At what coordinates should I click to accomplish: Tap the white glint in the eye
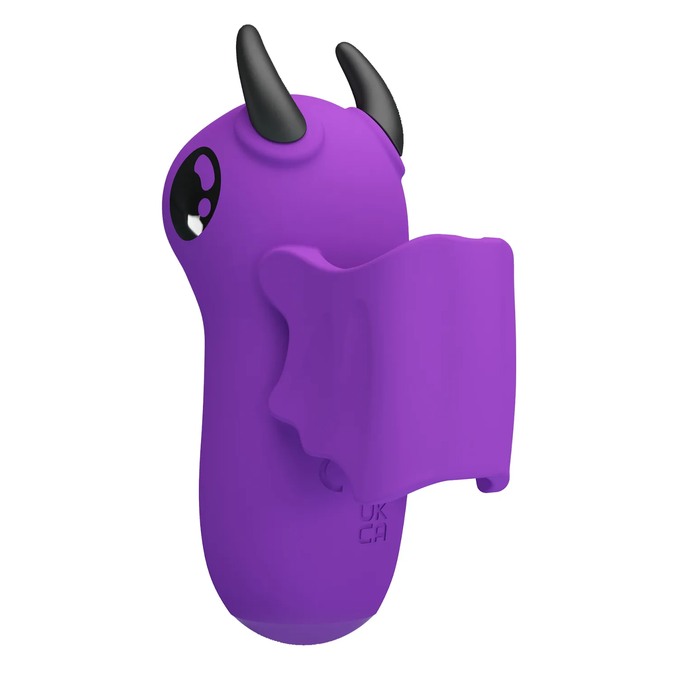(x=195, y=223)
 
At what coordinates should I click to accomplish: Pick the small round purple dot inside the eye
(x=206, y=204)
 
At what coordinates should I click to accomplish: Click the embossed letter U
(x=367, y=513)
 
